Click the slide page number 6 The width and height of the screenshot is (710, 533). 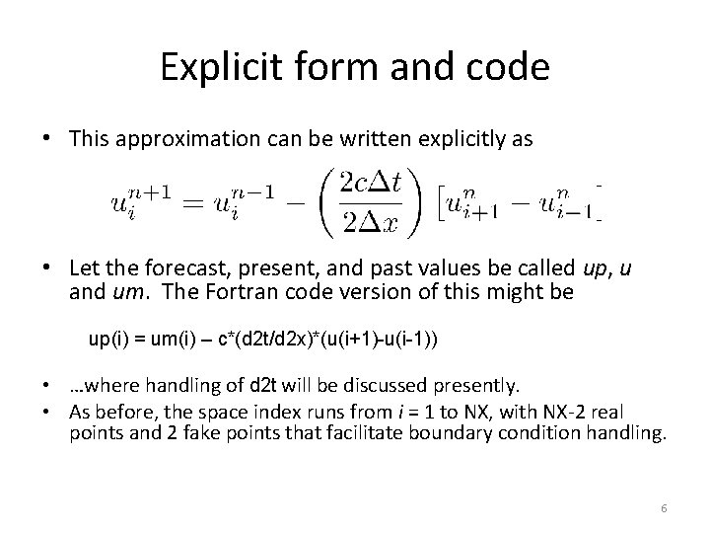coord(664,507)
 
